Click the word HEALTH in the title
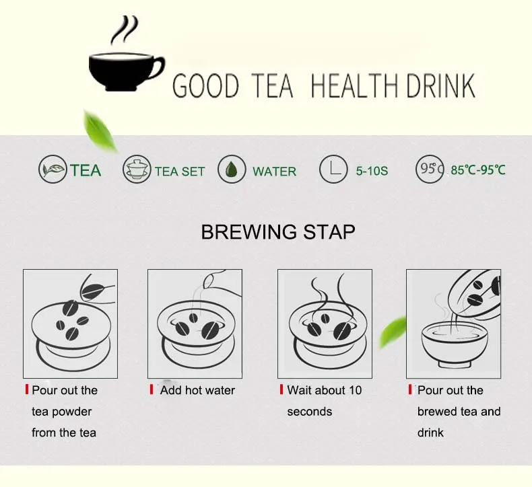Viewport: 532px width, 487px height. (x=354, y=86)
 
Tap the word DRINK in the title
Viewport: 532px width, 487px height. (x=440, y=86)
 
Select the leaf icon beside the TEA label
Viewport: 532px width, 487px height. (x=53, y=169)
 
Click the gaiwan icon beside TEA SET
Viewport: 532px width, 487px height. (x=137, y=169)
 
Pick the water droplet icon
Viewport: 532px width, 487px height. (x=232, y=169)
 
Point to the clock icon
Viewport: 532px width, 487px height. (x=333, y=169)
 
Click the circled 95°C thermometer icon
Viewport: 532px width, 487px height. (x=430, y=169)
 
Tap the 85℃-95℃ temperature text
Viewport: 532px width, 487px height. (x=477, y=170)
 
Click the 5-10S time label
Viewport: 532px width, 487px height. (x=372, y=171)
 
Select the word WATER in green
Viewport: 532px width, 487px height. (x=275, y=172)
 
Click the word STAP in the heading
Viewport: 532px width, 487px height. (x=329, y=232)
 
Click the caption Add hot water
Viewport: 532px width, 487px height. (x=197, y=390)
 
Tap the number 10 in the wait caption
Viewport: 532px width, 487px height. (x=355, y=390)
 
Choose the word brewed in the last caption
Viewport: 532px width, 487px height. (x=438, y=412)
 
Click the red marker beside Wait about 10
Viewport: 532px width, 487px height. (x=281, y=389)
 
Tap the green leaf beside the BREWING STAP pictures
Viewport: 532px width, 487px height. (x=393, y=332)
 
